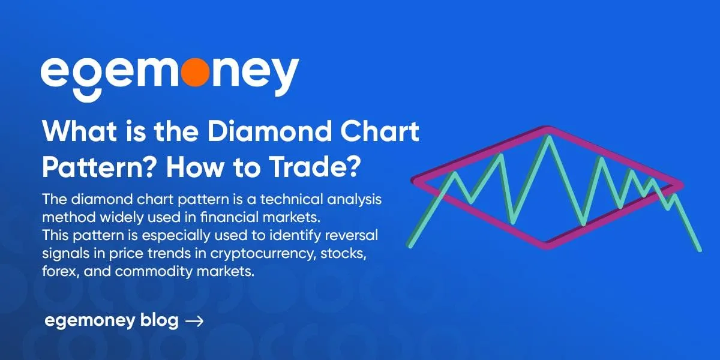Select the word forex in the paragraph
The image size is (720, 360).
[58, 271]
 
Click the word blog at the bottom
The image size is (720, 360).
[160, 321]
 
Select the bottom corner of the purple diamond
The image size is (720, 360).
[547, 244]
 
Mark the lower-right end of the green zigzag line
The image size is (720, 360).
[699, 248]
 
